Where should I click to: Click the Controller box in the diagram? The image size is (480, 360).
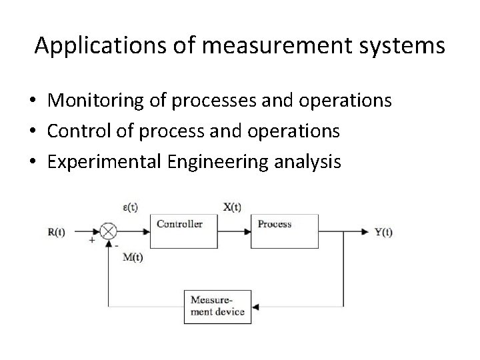(x=185, y=231)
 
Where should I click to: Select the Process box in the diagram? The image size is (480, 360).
(x=284, y=231)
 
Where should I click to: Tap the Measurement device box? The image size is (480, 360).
(x=217, y=307)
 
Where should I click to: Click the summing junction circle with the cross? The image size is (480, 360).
(x=109, y=232)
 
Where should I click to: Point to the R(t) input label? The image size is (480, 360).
(x=58, y=232)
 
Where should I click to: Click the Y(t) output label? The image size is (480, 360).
(x=384, y=232)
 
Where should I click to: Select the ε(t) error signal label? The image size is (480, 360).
(x=129, y=207)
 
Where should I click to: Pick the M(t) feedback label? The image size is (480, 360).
(x=134, y=258)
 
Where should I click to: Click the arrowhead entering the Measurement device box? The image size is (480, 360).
(x=256, y=307)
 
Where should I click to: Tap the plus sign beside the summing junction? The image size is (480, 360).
(x=91, y=241)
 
